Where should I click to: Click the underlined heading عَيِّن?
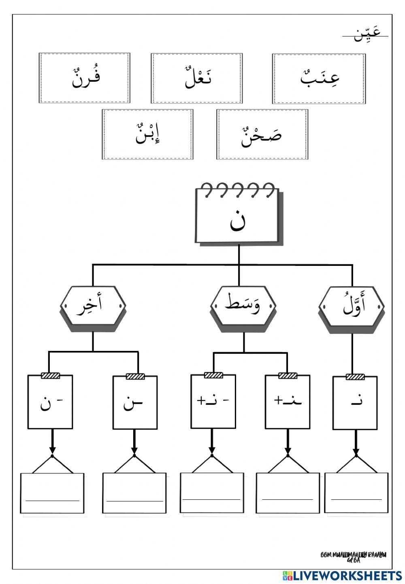(x=367, y=34)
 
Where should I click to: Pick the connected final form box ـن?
(x=135, y=402)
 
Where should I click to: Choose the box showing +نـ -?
(x=213, y=401)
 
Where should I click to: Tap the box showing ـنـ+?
(x=288, y=401)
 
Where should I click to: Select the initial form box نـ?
(x=355, y=403)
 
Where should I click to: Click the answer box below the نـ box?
(x=356, y=493)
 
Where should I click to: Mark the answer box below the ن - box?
(x=52, y=493)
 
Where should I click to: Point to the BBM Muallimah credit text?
(x=352, y=556)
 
